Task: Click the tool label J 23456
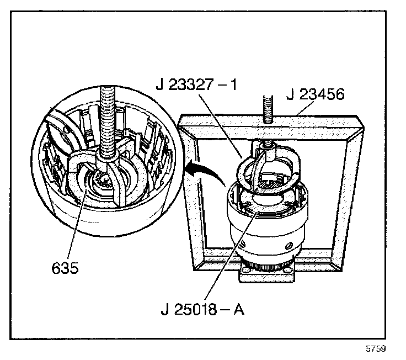tap(316, 94)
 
